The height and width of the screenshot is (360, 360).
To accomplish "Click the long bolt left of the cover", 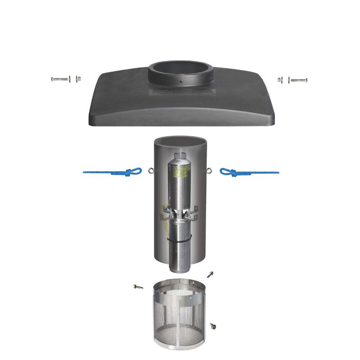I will click(x=60, y=80).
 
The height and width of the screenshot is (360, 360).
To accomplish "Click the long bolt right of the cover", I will click(x=298, y=80).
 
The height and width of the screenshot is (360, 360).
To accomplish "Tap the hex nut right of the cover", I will click(x=281, y=80).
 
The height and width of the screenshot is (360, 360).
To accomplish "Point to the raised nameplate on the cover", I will click(x=179, y=92).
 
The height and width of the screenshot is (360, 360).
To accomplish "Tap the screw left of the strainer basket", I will click(x=138, y=286).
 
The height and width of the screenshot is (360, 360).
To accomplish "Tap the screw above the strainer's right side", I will click(x=210, y=275).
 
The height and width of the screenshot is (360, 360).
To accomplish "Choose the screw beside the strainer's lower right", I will click(x=212, y=326).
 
